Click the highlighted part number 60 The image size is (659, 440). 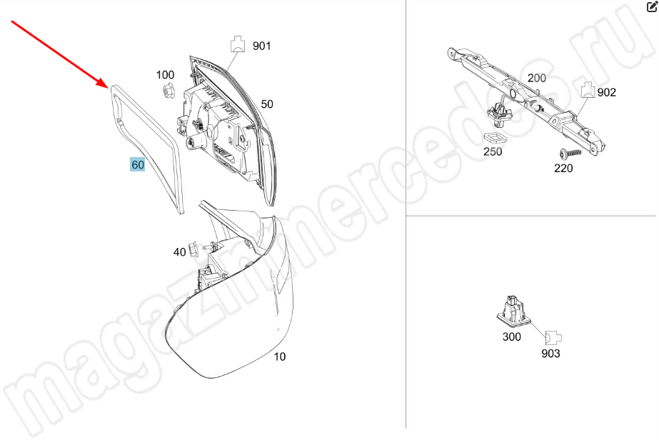click(138, 164)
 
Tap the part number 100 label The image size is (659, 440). click(165, 75)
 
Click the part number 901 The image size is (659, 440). click(262, 46)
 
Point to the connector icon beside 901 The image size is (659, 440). click(238, 44)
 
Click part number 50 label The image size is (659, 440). click(267, 104)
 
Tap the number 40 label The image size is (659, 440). click(179, 252)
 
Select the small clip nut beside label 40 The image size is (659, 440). click(193, 249)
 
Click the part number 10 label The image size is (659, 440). click(279, 356)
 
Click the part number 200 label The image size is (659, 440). click(537, 78)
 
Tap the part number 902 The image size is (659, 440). click(606, 93)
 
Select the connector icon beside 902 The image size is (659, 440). click(588, 89)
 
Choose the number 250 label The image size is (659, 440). click(493, 151)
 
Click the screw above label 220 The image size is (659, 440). click(570, 153)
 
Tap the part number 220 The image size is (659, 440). click(563, 169)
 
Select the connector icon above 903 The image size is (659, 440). click(553, 337)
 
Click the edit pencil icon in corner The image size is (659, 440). click(651, 6)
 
